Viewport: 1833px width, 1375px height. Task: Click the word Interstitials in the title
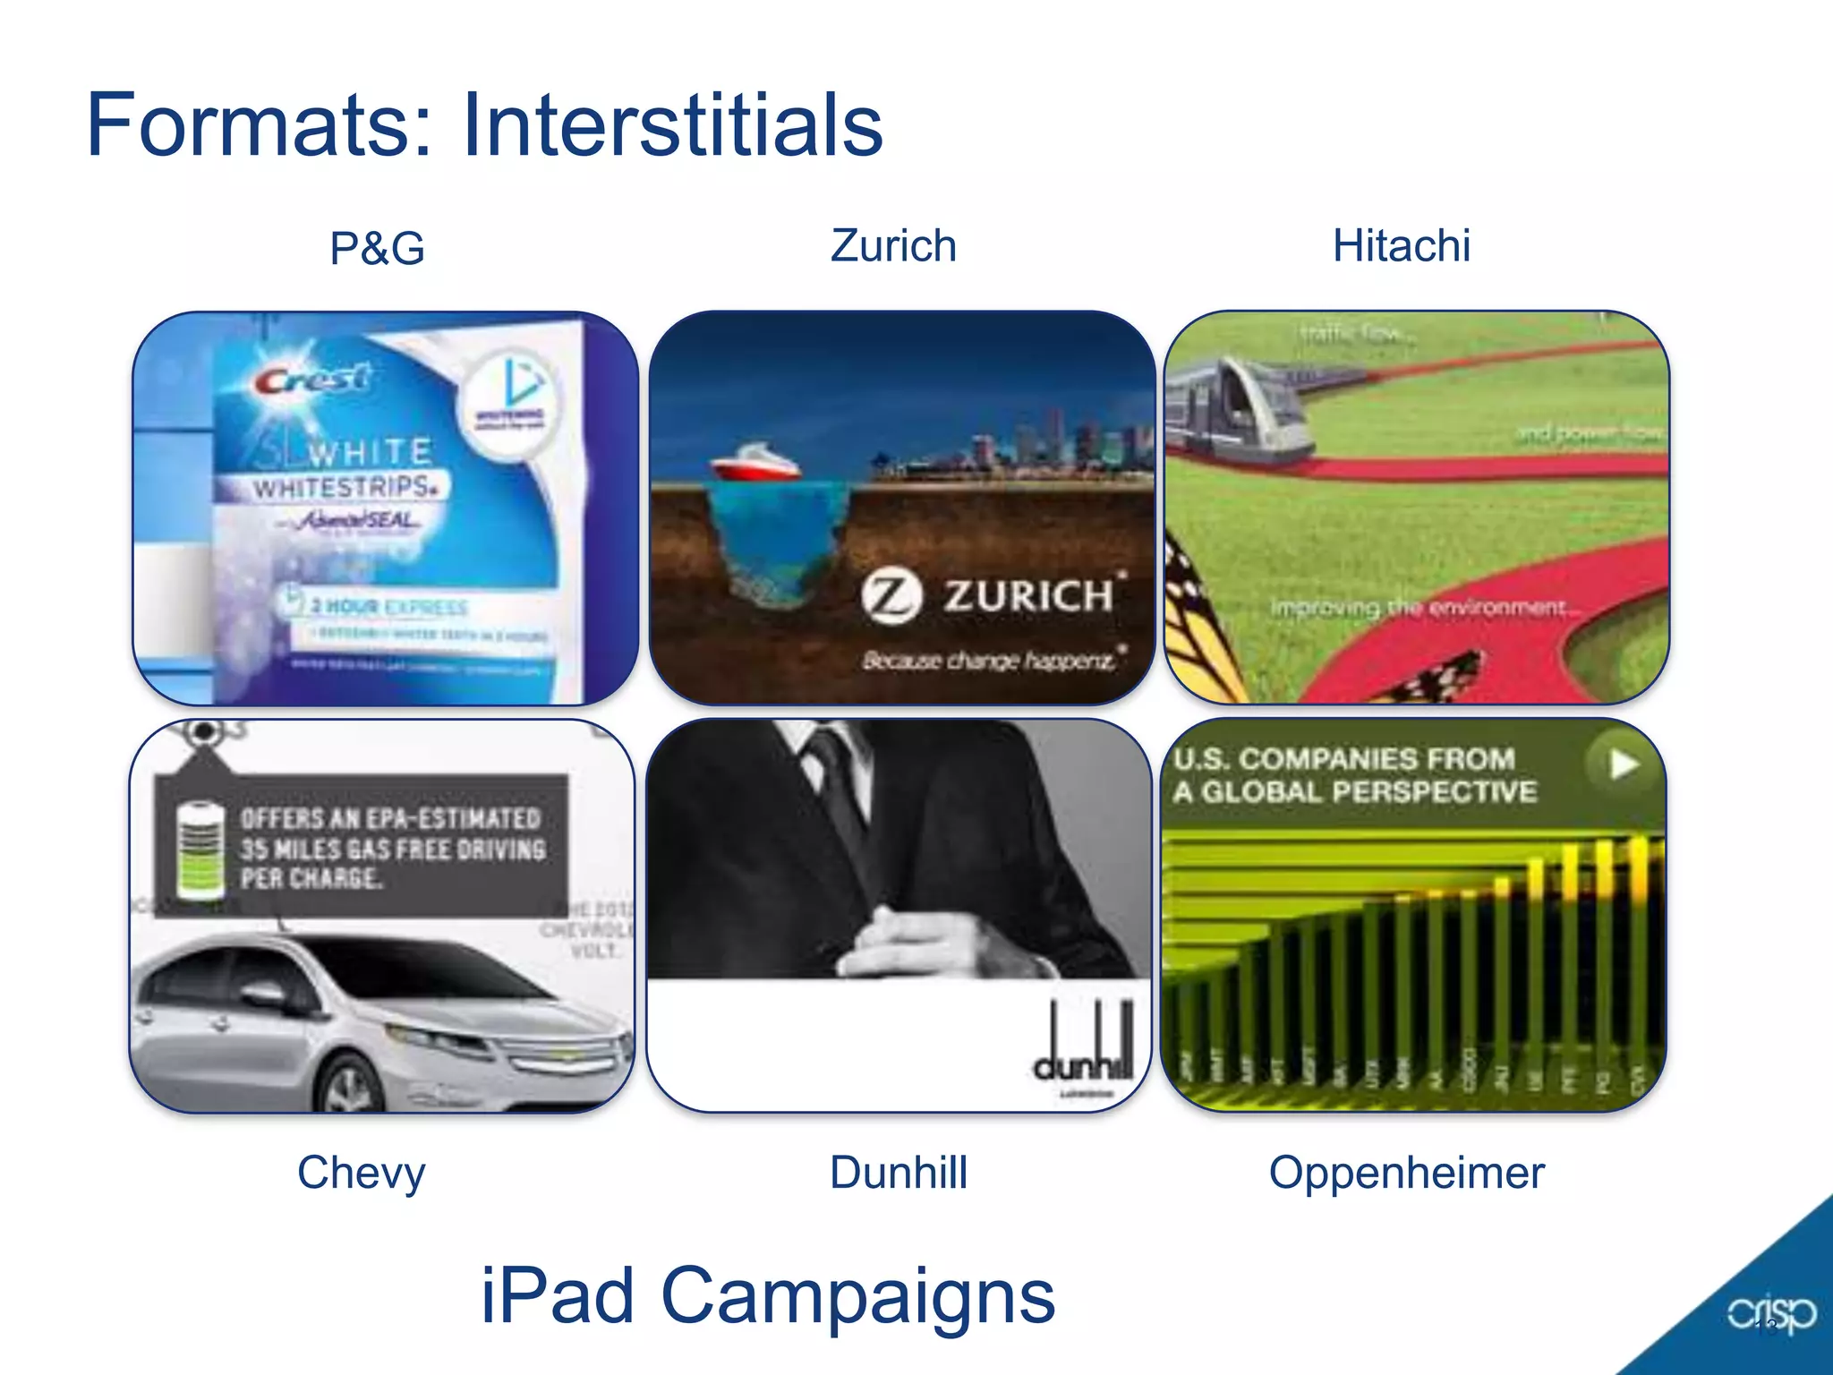coord(672,124)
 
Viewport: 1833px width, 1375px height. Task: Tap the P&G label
coord(377,248)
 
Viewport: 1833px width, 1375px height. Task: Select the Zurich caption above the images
coord(893,246)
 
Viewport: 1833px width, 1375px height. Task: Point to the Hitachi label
coord(1401,246)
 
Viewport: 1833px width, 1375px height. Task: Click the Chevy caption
coord(361,1173)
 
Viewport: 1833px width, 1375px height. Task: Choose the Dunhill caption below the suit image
coord(899,1173)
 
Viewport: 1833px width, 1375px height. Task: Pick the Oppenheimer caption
coord(1406,1173)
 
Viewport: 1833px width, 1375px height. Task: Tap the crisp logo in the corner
coord(1771,1314)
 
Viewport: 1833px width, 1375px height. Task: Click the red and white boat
coord(754,464)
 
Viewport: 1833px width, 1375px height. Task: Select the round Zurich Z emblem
coord(891,596)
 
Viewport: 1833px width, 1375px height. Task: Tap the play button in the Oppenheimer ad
coord(1623,764)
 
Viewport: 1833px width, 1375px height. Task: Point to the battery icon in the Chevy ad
coord(200,849)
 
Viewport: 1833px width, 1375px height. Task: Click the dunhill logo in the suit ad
coord(1084,1046)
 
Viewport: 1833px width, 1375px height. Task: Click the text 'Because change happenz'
coord(990,661)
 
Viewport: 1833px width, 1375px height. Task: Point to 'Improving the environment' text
coord(1420,608)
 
